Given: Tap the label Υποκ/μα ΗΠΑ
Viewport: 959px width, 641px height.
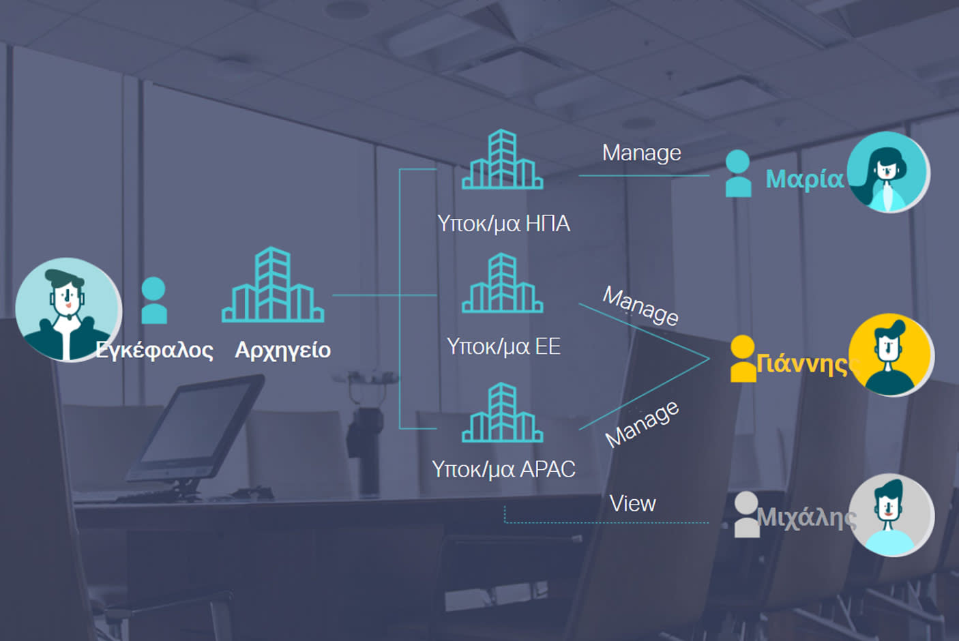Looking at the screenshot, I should pos(503,223).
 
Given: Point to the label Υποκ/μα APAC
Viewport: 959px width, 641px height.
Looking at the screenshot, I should pos(503,469).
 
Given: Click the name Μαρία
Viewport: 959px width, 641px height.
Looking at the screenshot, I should pos(804,179).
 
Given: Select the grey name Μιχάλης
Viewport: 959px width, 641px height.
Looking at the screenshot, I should pos(806,518).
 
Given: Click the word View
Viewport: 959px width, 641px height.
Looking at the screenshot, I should pos(632,504).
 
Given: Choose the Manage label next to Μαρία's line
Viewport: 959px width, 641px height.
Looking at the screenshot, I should pos(641,153).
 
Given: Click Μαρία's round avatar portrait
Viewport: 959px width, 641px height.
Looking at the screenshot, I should pos(887,172).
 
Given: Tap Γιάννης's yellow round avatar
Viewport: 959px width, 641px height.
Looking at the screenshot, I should pos(891,355).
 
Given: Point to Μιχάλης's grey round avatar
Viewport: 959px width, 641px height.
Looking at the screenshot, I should pos(891,515).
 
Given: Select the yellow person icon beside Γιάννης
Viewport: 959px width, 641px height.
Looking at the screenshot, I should pos(743,358).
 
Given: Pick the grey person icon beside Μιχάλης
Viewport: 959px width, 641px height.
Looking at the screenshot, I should pos(746,514).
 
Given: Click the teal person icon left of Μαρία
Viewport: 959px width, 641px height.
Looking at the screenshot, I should pos(737,173).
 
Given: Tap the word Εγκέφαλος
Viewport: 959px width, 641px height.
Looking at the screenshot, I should pos(154,350).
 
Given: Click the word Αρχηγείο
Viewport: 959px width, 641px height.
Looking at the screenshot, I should pos(282,350).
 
